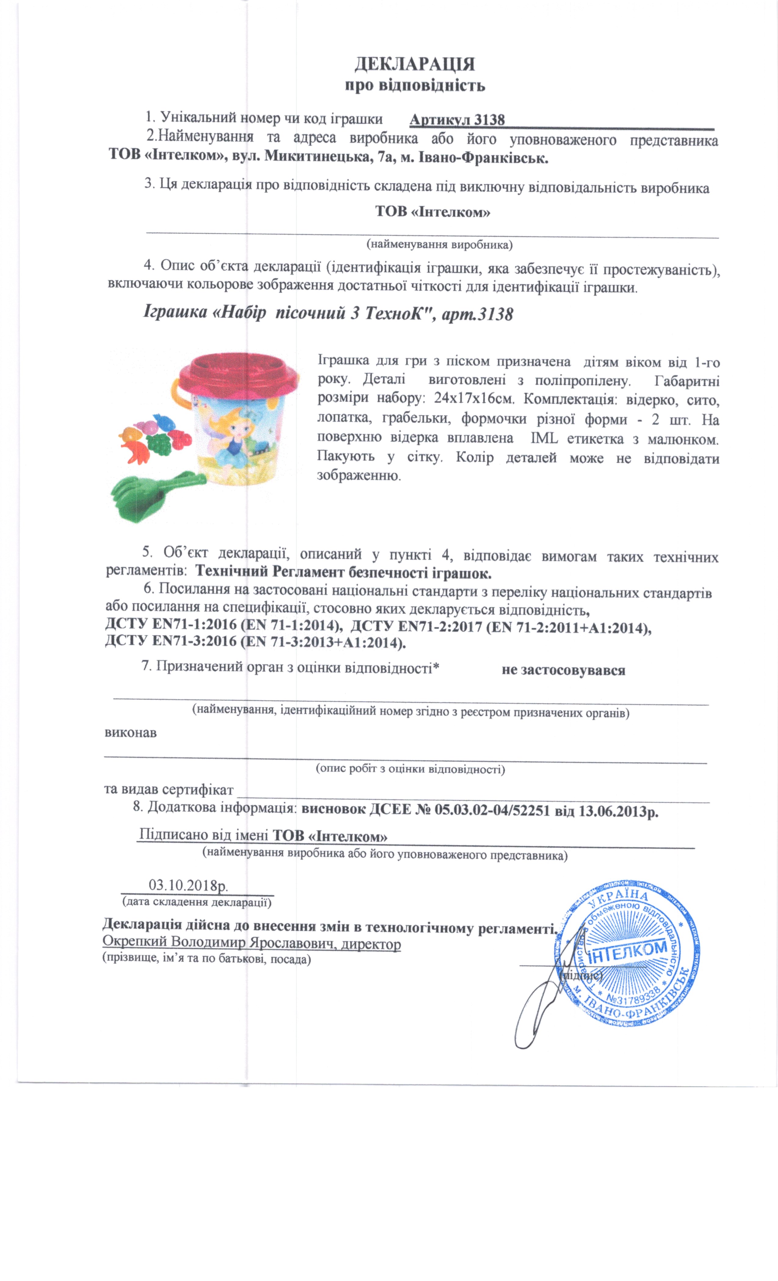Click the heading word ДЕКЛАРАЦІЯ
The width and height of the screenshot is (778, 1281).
(x=415, y=64)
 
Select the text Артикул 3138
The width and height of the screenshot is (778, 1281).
(x=457, y=120)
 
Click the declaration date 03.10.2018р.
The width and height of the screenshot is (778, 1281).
(x=188, y=885)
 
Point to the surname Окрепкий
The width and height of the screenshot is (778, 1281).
(x=134, y=942)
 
